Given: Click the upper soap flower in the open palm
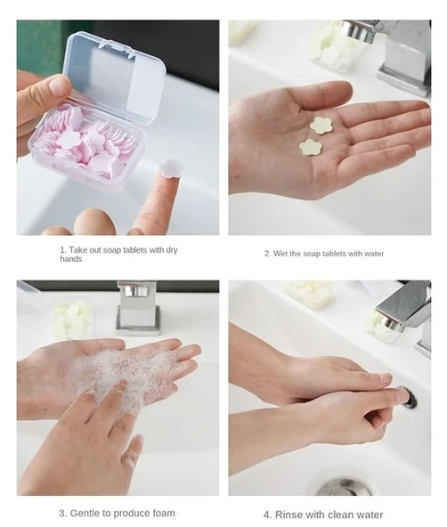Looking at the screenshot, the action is point(321,126).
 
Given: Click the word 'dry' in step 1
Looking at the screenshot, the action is point(172,250).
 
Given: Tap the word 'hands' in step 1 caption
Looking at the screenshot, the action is point(71,259).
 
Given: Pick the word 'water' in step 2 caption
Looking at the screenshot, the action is point(374,254).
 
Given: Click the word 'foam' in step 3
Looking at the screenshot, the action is point(164,514).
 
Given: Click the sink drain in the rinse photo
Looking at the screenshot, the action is point(345,487).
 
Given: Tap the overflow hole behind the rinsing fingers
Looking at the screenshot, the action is point(410,398).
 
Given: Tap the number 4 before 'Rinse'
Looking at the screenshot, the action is point(267,515).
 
